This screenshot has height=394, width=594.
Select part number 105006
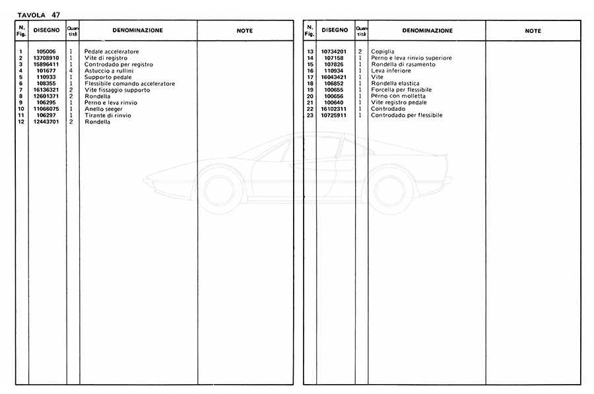coord(46,51)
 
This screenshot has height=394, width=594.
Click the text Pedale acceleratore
coord(112,51)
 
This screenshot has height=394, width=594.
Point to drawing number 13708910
coord(46,58)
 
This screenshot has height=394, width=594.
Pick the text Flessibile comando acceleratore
coord(129,84)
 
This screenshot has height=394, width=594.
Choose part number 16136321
coord(46,90)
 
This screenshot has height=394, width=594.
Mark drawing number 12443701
coord(46,122)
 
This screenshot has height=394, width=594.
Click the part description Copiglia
coord(384,51)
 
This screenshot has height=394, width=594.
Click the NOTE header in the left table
coord(244,30)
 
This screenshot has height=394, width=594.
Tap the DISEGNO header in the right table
coord(335,30)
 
